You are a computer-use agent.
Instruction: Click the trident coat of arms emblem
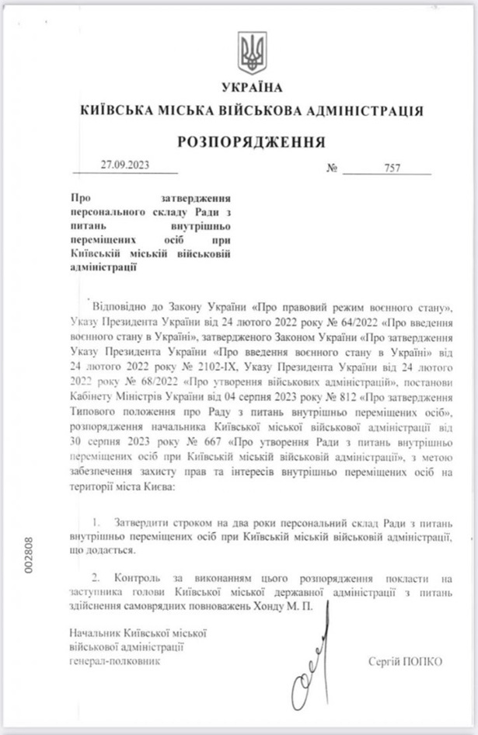coord(252,53)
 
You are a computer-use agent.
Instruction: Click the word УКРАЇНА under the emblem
coord(252,87)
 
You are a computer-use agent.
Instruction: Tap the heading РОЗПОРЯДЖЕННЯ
coord(252,142)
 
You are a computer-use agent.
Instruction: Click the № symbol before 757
coord(332,169)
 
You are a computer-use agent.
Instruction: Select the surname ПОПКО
coord(424,660)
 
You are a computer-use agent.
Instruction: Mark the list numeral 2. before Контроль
coord(96,578)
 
